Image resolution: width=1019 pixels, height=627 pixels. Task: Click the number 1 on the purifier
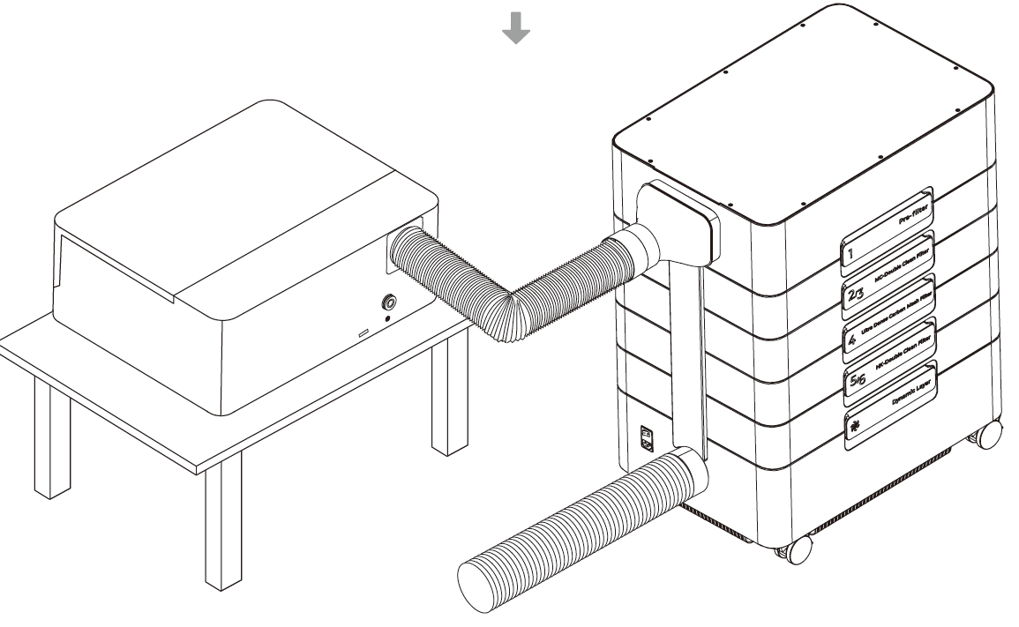click(852, 257)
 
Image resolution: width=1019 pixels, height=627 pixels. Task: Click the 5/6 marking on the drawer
click(855, 380)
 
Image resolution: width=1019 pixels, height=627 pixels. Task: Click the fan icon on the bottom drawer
click(853, 425)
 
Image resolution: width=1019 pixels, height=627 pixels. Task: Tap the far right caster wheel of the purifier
click(989, 434)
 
